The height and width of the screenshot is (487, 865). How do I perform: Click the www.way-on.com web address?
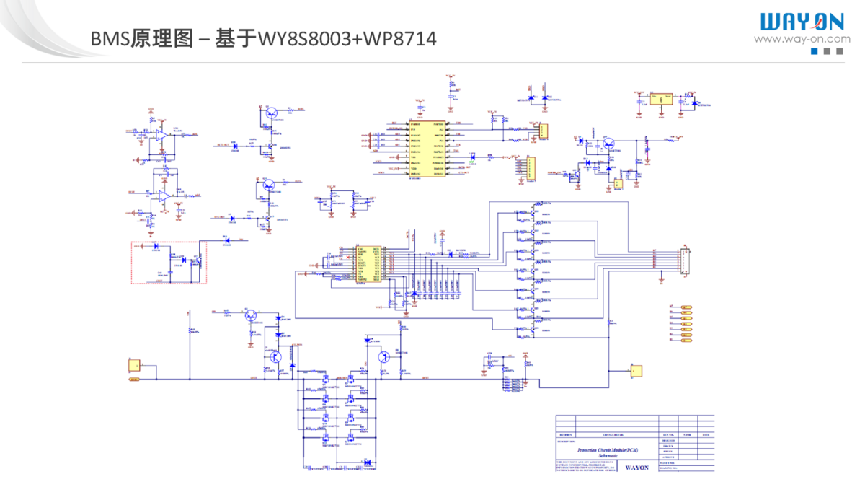pos(802,40)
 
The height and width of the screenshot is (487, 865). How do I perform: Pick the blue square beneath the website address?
pos(815,51)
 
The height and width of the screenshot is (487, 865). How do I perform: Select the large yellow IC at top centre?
pos(427,149)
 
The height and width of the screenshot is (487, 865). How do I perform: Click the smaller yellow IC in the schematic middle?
pos(368,265)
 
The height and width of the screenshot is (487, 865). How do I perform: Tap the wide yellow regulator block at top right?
pos(660,98)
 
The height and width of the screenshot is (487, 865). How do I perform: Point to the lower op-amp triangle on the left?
pos(165,196)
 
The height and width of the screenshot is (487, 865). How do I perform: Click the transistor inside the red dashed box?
pos(196,260)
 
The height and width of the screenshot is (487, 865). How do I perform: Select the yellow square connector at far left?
pos(134,364)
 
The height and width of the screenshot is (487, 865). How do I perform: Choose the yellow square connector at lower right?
pos(635,372)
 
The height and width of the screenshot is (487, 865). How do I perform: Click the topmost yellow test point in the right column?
pos(686,307)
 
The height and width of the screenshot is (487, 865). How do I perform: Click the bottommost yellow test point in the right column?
pos(686,340)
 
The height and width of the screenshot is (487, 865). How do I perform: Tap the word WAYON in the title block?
pos(636,468)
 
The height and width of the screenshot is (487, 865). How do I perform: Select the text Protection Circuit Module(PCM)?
pos(608,449)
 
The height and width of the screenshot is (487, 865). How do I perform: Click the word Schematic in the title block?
pos(608,456)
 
